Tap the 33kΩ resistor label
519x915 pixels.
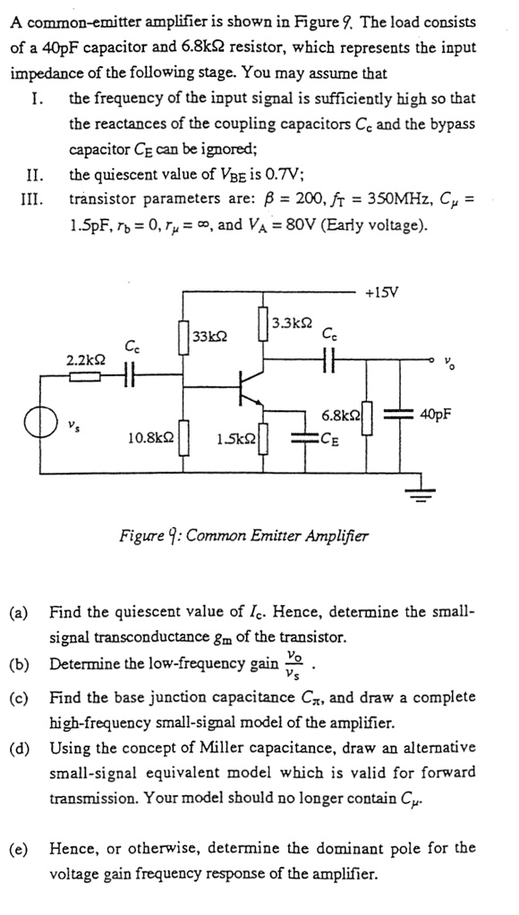click(x=210, y=336)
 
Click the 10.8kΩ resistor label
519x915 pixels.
click(x=149, y=437)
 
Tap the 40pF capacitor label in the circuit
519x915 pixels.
click(x=436, y=415)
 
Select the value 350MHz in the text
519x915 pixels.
click(x=370, y=198)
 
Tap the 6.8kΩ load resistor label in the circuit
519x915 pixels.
click(x=341, y=415)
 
